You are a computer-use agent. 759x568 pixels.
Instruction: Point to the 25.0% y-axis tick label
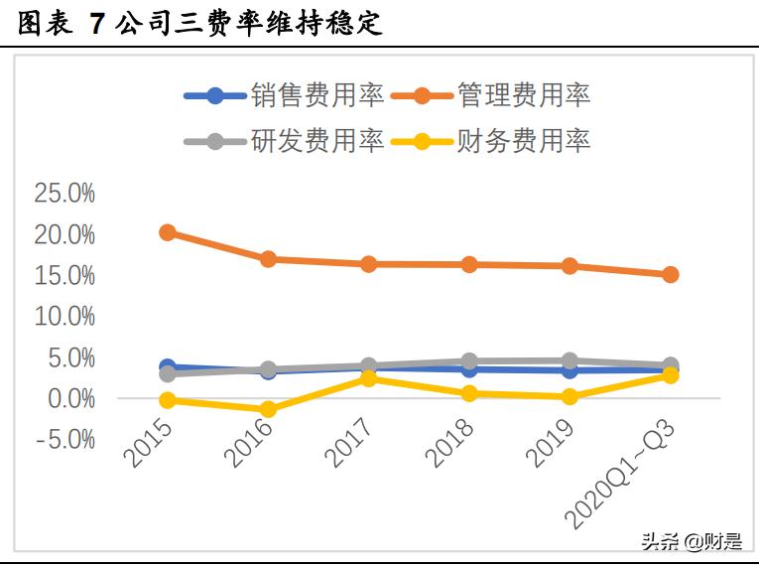(64, 194)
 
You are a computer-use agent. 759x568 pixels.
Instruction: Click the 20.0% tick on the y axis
(64, 234)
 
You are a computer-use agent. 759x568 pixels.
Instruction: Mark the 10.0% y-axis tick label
(64, 316)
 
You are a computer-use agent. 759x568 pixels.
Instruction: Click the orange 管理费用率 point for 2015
(168, 232)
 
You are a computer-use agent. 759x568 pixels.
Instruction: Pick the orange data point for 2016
(268, 259)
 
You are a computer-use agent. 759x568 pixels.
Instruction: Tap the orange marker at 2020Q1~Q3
(670, 274)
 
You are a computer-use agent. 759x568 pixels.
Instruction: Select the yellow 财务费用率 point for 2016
(268, 409)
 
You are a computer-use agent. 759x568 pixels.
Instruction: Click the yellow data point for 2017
(368, 378)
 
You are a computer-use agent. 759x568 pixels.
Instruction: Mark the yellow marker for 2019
(569, 396)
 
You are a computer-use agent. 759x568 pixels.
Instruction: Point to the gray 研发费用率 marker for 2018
(469, 361)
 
